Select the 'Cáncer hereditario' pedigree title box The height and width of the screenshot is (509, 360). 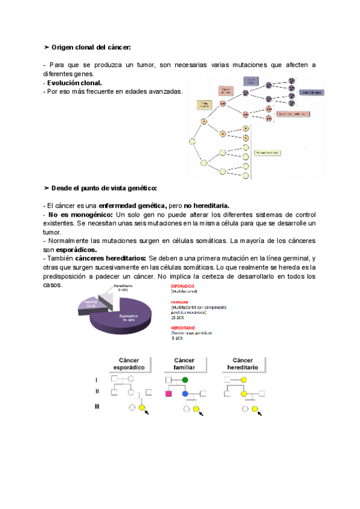[242, 363]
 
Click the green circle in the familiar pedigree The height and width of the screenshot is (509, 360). [185, 380]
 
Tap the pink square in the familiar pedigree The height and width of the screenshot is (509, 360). [169, 394]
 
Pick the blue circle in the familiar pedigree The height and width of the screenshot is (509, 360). [185, 394]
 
